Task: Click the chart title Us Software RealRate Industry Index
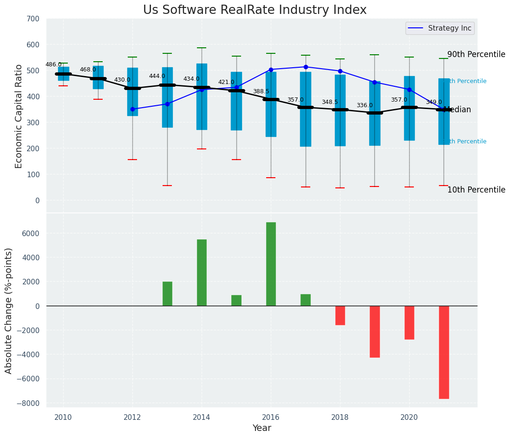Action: (255, 10)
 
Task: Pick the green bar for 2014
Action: (202, 272)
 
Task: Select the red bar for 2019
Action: (374, 331)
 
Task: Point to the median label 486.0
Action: (53, 64)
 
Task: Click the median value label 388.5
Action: (261, 91)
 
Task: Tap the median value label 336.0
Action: (365, 105)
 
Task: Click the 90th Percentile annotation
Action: (476, 54)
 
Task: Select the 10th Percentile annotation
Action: (476, 190)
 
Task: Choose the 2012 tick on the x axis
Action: (132, 417)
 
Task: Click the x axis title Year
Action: (262, 428)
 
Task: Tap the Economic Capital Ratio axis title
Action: (19, 116)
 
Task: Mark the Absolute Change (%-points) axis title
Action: (9, 310)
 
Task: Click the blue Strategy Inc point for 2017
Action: (306, 67)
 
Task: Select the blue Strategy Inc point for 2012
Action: (132, 109)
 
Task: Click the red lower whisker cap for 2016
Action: (271, 178)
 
